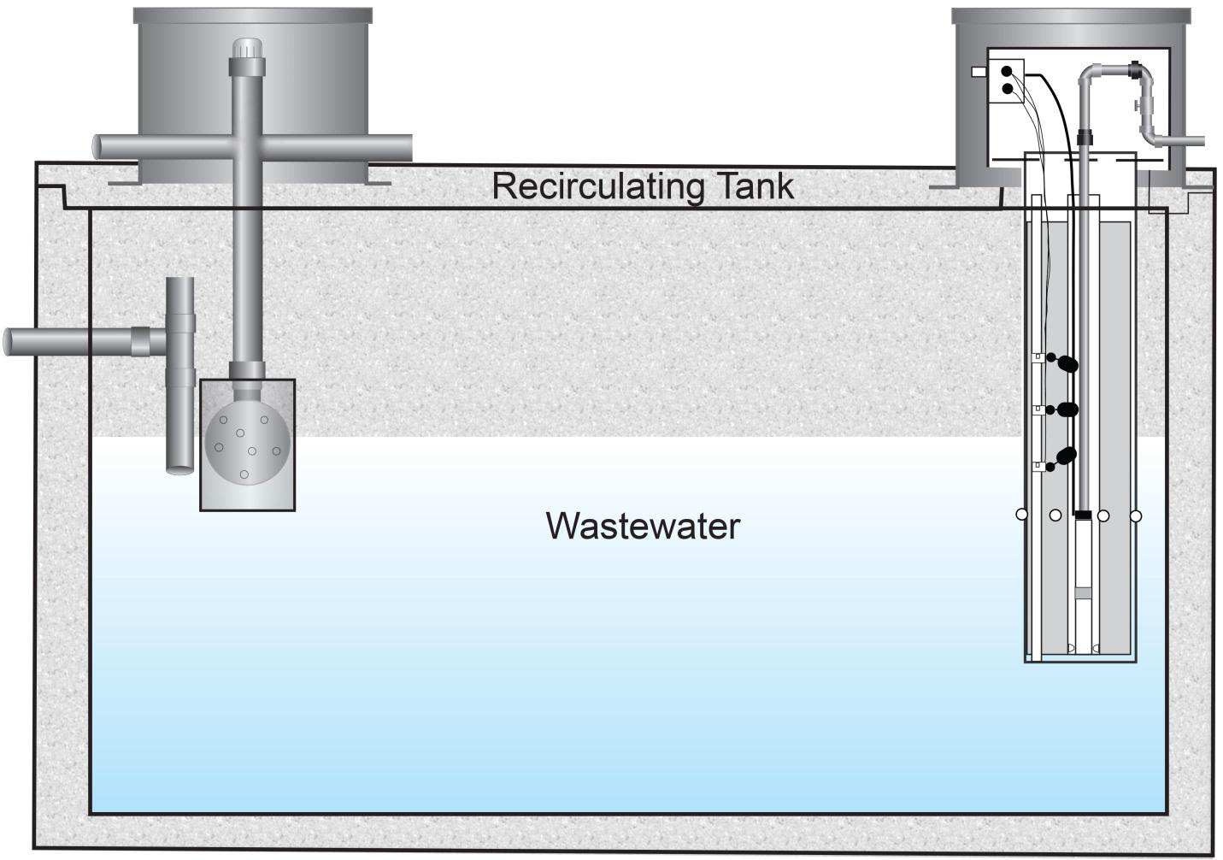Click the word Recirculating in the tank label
click(x=590, y=186)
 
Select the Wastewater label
click(x=643, y=525)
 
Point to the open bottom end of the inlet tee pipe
click(x=179, y=468)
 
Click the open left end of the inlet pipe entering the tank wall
click(x=9, y=341)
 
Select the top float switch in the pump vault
click(x=1066, y=364)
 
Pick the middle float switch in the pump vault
click(x=1066, y=409)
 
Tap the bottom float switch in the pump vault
click(x=1065, y=457)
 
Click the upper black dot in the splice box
click(x=1007, y=72)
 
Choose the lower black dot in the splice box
click(x=1007, y=88)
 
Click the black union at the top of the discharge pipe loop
click(x=1136, y=69)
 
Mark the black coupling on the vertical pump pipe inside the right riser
click(x=1085, y=137)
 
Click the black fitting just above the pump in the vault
click(x=1083, y=515)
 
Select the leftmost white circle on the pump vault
click(x=1021, y=515)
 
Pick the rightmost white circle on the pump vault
click(x=1136, y=516)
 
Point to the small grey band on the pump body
click(x=1083, y=592)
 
